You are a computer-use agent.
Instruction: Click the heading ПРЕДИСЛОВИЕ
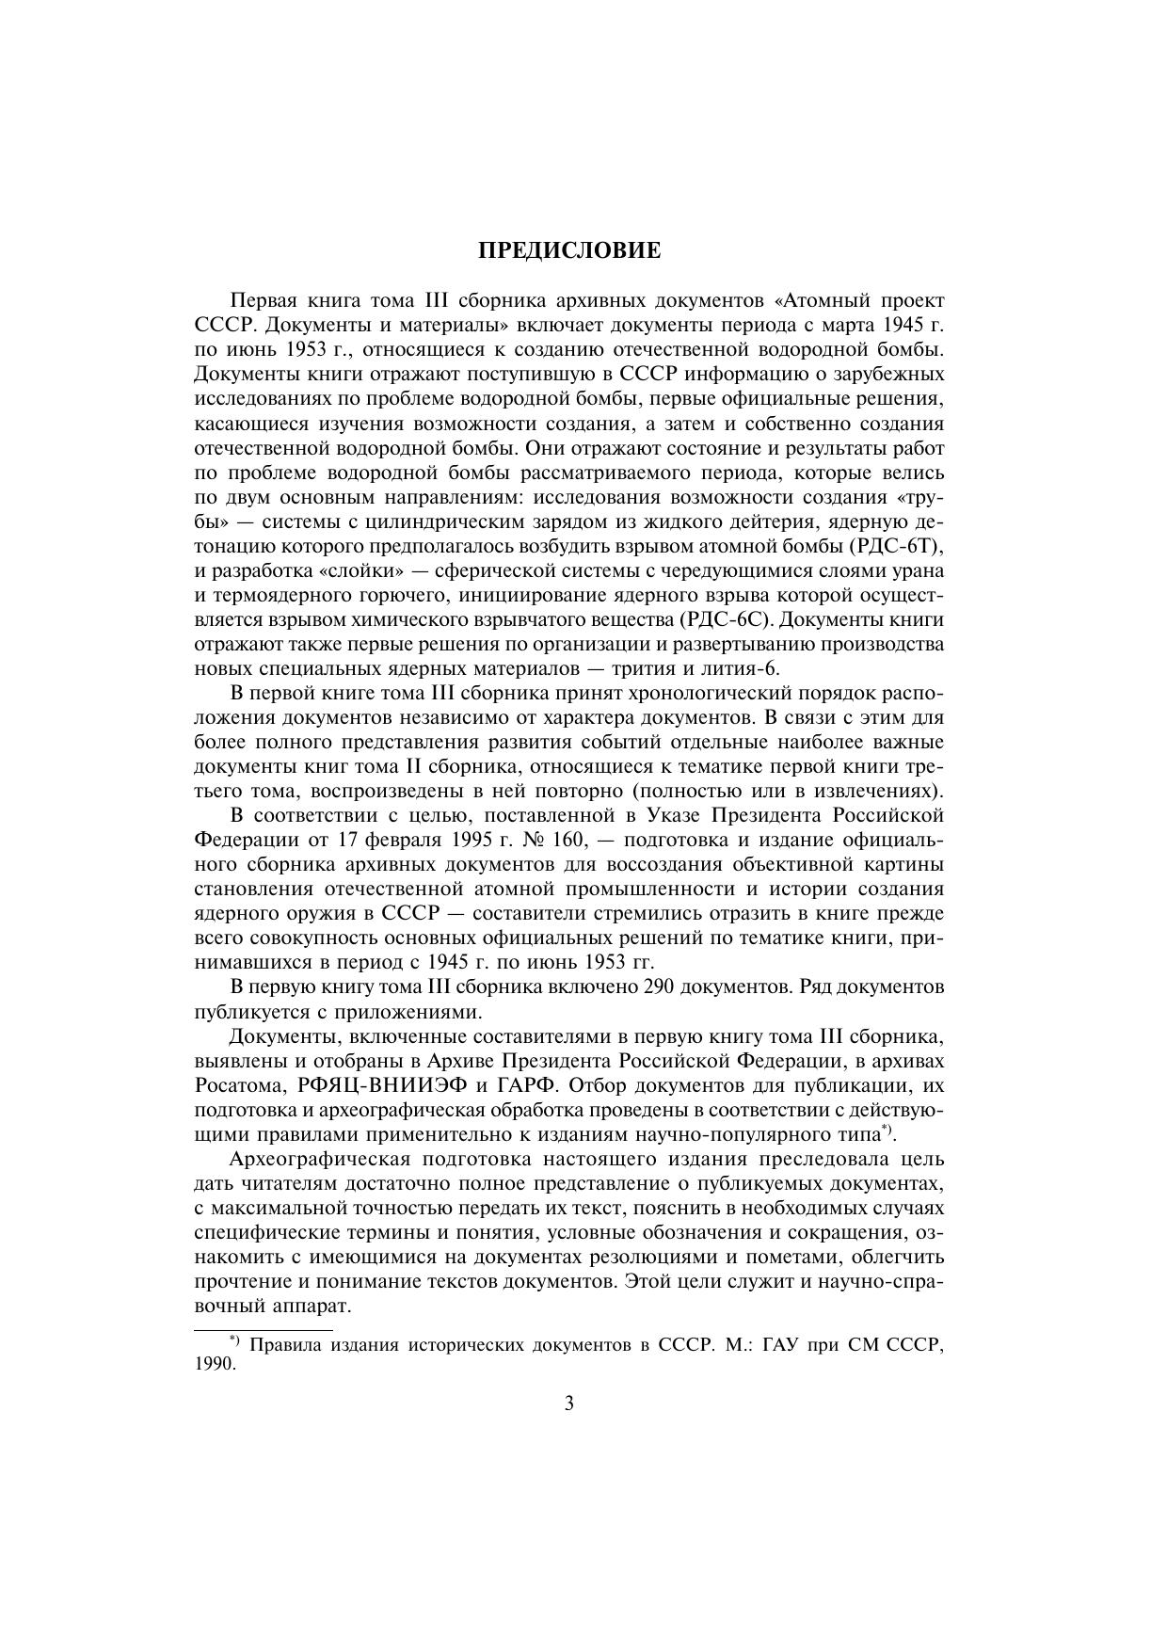coord(569,251)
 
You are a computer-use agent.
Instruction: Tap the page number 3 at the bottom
coord(568,1403)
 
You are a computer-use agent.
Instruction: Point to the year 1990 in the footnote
coord(214,1364)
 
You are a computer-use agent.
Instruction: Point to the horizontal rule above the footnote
coord(264,1329)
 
